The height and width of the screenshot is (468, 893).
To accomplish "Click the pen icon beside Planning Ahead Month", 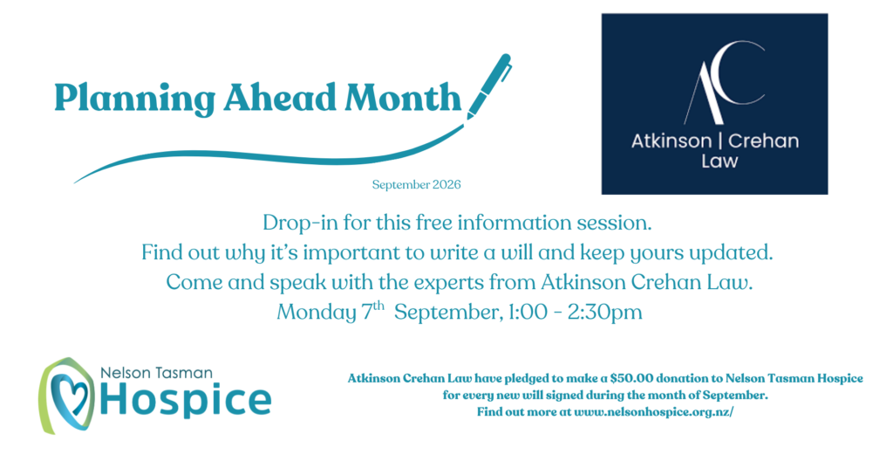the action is (x=488, y=86).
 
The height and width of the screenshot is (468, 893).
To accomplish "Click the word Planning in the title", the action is (x=134, y=99).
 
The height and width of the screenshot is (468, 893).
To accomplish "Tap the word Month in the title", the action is (x=403, y=97).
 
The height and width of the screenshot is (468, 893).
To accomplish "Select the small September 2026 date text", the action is (x=416, y=185).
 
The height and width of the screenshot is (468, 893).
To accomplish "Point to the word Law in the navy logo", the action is (x=719, y=162).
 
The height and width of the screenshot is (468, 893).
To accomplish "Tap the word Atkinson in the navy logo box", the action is (x=671, y=141).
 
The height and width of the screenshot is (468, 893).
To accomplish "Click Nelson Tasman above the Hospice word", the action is (x=157, y=373).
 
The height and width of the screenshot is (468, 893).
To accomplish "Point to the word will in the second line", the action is (x=516, y=252).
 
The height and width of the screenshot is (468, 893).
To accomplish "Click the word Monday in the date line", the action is (x=316, y=313).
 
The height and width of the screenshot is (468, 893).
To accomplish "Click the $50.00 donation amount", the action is (x=631, y=378).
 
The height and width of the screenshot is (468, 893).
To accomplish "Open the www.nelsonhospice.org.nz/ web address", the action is (x=654, y=411).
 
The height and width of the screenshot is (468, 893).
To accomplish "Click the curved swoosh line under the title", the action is (x=268, y=157).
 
